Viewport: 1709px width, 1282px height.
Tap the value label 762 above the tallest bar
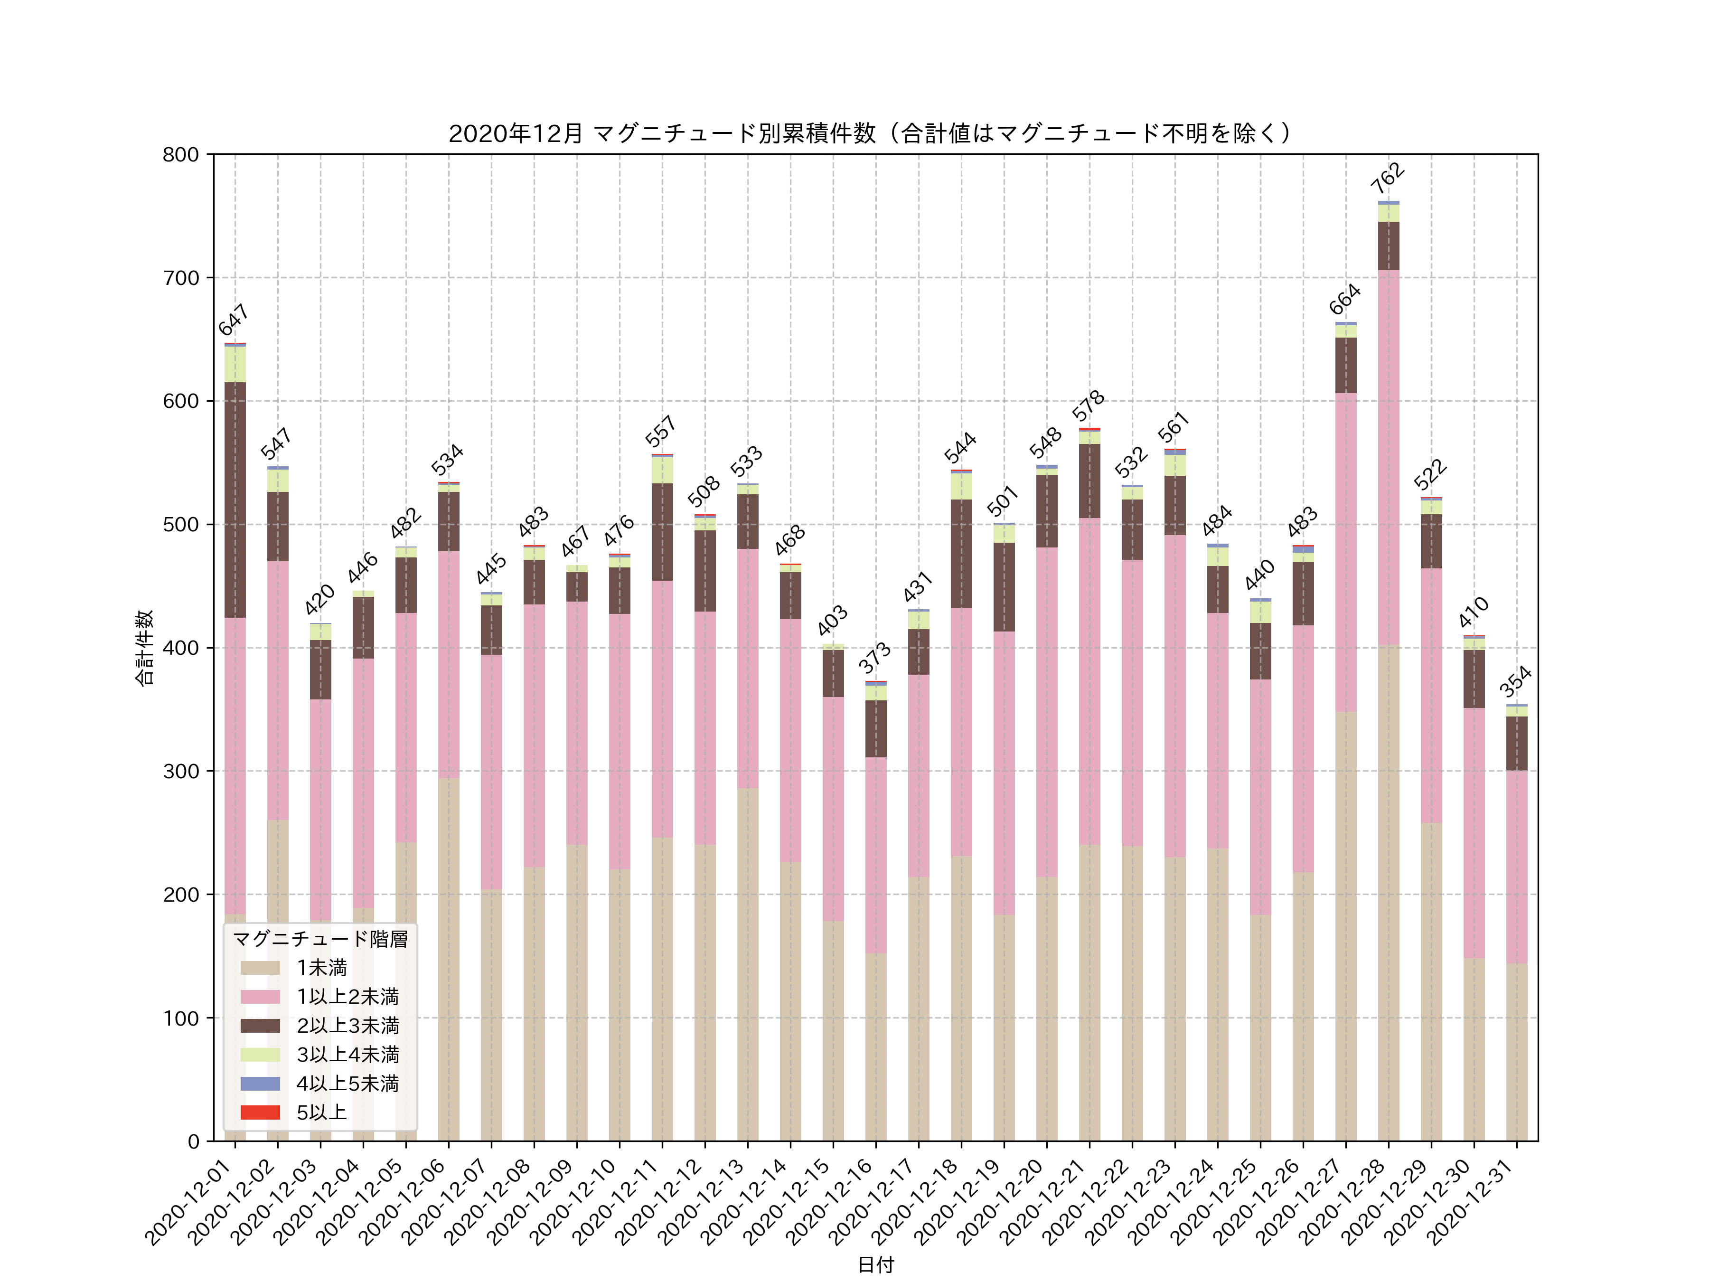(1388, 179)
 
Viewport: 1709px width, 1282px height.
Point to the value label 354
(1515, 681)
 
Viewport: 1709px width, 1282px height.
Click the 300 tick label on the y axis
(181, 771)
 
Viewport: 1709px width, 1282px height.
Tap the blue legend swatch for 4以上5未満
(260, 1084)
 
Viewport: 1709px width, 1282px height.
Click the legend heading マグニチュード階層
(320, 939)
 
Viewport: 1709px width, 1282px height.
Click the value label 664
(1344, 299)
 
